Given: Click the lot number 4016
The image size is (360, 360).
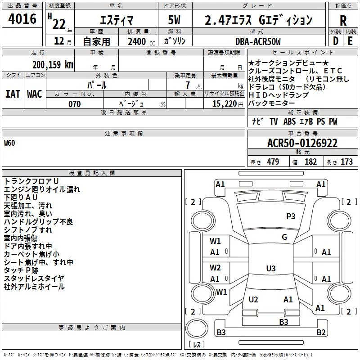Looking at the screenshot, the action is [x=22, y=19].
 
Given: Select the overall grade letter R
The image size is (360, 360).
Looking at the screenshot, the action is [x=343, y=21].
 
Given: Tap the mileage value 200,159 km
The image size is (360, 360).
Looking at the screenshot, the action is [x=53, y=65].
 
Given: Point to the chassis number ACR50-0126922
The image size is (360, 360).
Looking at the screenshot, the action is [x=302, y=143].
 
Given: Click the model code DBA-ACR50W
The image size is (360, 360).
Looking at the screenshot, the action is [x=258, y=41].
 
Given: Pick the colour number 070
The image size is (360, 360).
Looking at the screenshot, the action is [x=75, y=104].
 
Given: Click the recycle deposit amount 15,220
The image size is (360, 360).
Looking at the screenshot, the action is [x=225, y=104].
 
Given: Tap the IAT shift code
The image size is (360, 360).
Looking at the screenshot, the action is [x=13, y=94].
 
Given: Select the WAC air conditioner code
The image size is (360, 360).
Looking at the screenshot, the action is [x=35, y=94].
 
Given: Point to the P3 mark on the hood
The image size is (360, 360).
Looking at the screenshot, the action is [x=291, y=216].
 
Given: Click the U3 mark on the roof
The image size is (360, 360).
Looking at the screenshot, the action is [x=271, y=268].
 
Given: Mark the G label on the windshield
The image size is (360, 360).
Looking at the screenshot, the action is [x=284, y=237].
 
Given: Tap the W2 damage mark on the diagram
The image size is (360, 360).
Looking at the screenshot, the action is [x=215, y=268].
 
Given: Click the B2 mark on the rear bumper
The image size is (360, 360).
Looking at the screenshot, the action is [x=321, y=332].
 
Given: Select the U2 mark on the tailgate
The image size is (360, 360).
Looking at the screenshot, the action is [x=253, y=299].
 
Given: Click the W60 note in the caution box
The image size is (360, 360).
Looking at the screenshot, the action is [x=9, y=143].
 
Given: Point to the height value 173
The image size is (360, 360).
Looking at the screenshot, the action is [x=346, y=162].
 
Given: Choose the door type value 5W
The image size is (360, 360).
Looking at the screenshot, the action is [x=174, y=20].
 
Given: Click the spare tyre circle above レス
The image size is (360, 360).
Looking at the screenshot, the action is [x=197, y=328].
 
